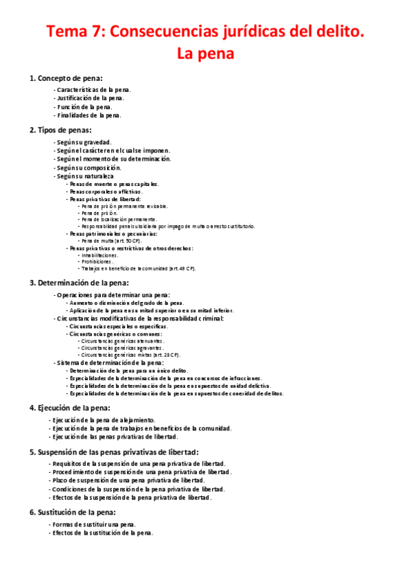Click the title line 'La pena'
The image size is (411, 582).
click(x=205, y=53)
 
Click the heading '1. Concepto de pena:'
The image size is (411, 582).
click(x=67, y=78)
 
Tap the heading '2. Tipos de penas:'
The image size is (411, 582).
click(x=60, y=130)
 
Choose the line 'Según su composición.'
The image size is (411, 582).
click(x=89, y=167)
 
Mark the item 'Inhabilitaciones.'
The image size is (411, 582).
click(x=99, y=255)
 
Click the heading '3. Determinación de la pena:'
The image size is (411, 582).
click(x=79, y=282)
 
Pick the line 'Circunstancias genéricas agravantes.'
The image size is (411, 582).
click(x=121, y=348)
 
